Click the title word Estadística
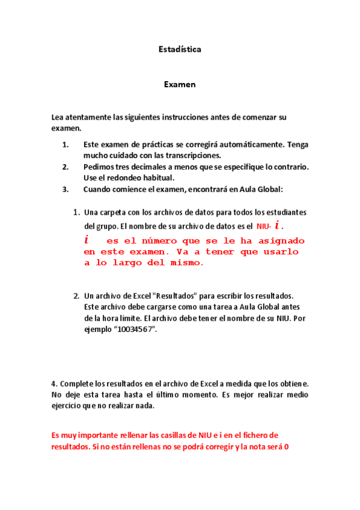point(180,49)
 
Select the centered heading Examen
point(180,85)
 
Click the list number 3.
point(66,189)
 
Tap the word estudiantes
point(286,212)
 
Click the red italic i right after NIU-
point(277,226)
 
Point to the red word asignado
point(270,240)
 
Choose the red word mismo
point(188,263)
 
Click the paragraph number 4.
point(54,383)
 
